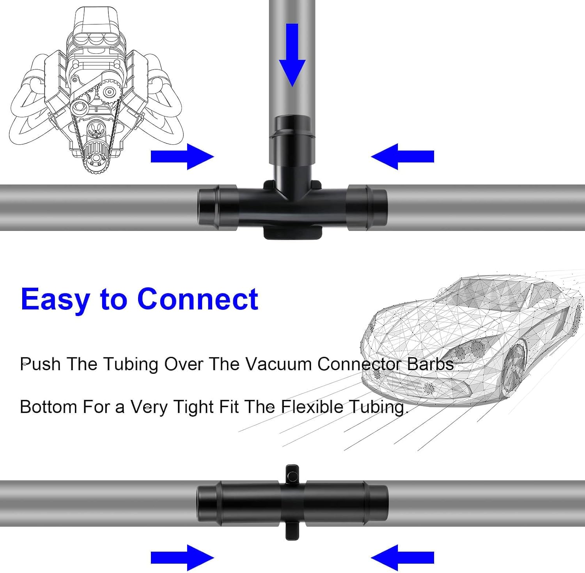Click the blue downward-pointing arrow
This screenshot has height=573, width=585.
292,55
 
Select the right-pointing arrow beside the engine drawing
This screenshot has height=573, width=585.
182,156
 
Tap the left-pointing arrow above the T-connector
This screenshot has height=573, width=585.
402,156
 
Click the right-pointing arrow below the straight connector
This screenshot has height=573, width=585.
182,557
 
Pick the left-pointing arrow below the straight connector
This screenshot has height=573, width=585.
402,557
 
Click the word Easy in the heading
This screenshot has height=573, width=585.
56,300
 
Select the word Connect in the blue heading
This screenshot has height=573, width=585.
198,299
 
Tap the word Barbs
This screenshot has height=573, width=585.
431,364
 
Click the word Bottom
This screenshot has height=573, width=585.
49,407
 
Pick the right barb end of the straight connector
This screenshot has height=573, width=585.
377,503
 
